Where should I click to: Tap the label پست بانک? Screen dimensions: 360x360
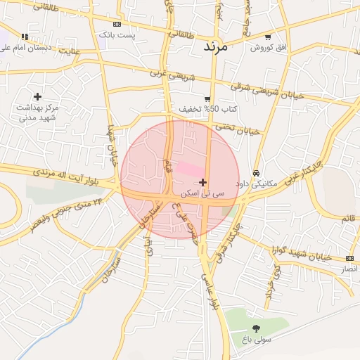[115, 34]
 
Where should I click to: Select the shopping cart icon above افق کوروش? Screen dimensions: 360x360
[268, 37]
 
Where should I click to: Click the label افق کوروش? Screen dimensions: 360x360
[267, 47]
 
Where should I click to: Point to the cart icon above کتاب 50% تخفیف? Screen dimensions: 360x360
[207, 98]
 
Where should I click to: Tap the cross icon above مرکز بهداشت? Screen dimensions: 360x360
[37, 96]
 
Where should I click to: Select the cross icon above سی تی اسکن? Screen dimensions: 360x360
[203, 182]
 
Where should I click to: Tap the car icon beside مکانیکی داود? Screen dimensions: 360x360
[256, 173]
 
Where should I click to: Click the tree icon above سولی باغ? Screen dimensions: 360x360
[255, 328]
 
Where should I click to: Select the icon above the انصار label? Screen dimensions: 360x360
[349, 259]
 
